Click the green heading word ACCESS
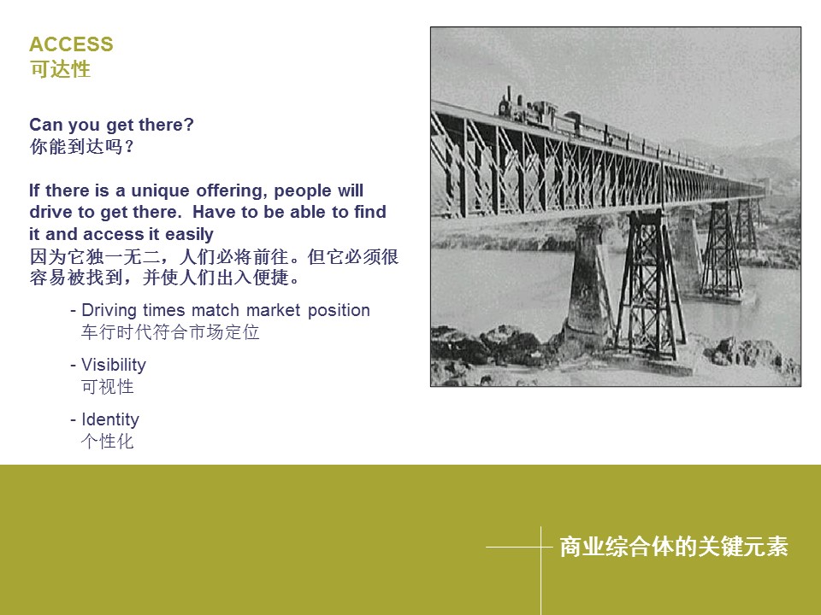[x=71, y=44]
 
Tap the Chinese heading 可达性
[x=60, y=69]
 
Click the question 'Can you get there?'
[x=111, y=126]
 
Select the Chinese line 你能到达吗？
[x=82, y=147]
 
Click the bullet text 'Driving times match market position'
[x=226, y=311]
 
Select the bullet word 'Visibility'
[x=114, y=365]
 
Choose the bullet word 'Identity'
[x=110, y=419]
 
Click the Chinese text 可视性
[x=108, y=387]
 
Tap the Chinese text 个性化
[x=108, y=442]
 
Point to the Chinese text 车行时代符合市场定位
[x=170, y=332]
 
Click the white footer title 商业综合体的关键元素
[x=674, y=547]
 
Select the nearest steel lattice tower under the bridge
[x=650, y=285]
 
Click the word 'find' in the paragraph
[x=370, y=212]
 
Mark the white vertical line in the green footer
[x=540, y=571]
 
